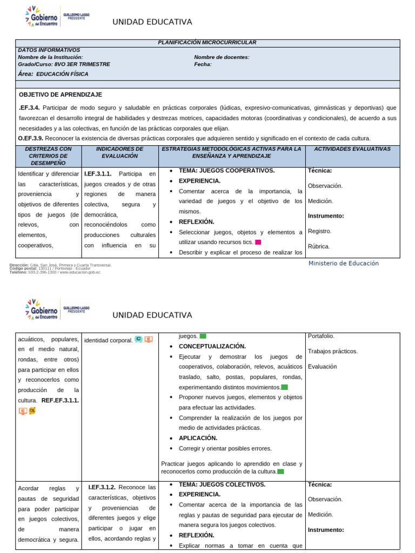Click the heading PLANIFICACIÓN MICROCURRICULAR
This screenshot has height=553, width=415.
coord(207,43)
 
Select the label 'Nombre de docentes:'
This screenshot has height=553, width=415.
coord(222,57)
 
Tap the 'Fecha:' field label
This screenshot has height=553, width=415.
coord(203,64)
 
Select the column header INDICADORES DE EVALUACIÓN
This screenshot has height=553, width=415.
coord(119,152)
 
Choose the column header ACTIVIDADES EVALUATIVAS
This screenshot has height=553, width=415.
coord(352,149)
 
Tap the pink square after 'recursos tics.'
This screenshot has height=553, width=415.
coord(258,242)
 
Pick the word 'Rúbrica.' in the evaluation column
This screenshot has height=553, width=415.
coord(319,246)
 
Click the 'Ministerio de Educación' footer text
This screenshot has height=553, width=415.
coord(343,264)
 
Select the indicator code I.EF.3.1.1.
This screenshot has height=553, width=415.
coord(98,174)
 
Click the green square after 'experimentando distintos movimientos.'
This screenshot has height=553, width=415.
coord(284,387)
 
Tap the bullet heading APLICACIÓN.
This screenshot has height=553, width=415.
coord(198,438)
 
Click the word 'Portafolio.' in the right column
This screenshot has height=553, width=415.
coord(321,336)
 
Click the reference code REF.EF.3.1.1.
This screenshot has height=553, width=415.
coord(60,400)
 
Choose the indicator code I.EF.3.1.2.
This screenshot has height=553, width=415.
coord(102,487)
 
